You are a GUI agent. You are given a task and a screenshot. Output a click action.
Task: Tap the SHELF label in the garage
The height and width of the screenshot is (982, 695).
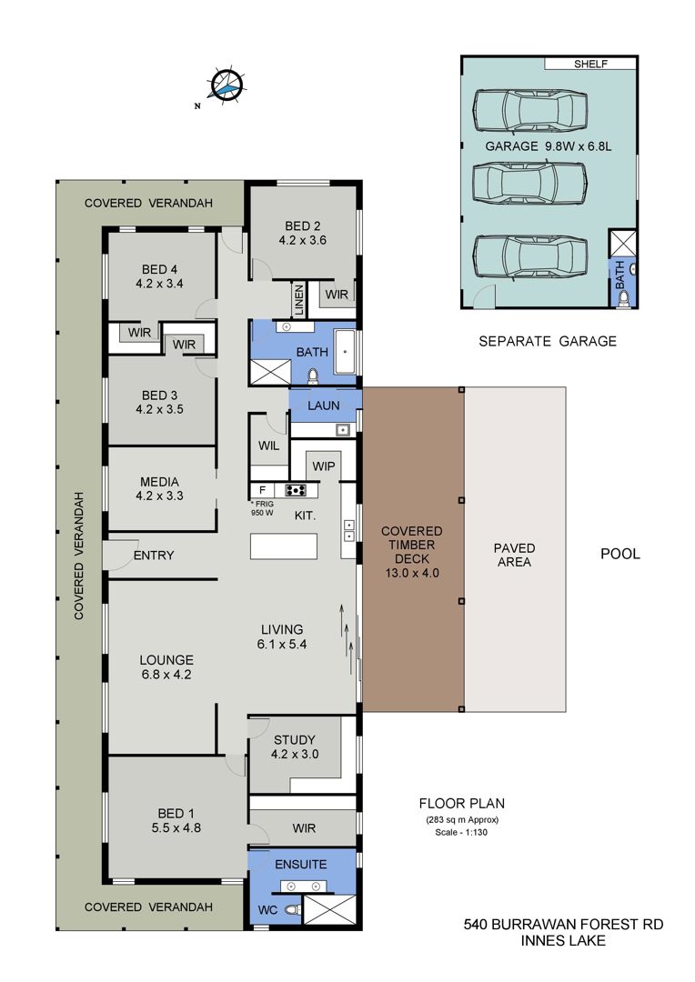click(590, 64)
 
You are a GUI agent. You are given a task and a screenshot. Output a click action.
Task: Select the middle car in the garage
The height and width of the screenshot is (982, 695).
click(529, 183)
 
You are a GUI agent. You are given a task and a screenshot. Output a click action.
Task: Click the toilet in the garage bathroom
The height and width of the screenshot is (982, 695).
click(622, 300)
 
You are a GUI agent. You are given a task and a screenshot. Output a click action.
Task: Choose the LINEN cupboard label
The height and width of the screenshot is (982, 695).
click(299, 301)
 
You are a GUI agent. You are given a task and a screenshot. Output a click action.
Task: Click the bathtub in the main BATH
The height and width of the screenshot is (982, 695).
click(345, 351)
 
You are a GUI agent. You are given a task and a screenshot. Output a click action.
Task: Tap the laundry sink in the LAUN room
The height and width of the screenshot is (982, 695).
click(341, 429)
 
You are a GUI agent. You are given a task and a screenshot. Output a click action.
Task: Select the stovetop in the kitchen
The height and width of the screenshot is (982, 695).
click(295, 490)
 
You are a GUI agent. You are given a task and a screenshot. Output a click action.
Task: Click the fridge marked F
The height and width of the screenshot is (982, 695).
click(262, 490)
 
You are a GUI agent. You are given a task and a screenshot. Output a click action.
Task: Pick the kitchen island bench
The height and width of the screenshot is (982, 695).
click(284, 546)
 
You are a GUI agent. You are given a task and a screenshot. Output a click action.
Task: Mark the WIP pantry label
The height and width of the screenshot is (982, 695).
click(323, 466)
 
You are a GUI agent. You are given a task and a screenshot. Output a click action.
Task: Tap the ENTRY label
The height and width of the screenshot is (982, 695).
click(154, 556)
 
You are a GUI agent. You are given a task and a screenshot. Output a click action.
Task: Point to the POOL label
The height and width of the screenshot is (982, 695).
click(620, 554)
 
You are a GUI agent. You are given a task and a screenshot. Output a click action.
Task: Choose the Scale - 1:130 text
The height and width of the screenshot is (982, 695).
click(461, 832)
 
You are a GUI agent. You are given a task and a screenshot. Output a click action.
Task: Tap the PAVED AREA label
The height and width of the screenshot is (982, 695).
click(515, 555)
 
